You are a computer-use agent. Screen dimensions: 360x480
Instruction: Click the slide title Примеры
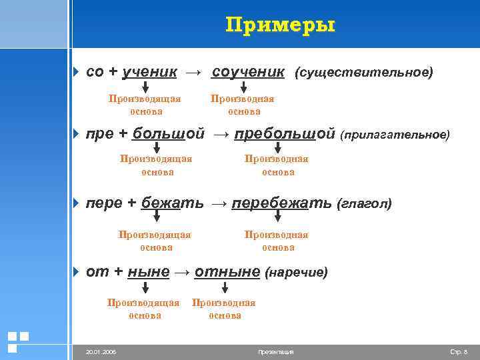click(x=280, y=25)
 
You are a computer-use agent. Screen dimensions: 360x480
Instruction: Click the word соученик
click(x=249, y=71)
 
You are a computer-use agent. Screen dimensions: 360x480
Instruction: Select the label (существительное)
click(x=363, y=71)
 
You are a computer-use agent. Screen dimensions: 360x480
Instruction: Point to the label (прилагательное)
click(x=395, y=135)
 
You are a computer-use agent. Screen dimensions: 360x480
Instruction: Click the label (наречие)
click(x=296, y=273)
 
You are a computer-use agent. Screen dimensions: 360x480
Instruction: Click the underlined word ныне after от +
click(x=147, y=272)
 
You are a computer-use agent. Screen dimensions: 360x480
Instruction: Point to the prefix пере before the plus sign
click(x=100, y=203)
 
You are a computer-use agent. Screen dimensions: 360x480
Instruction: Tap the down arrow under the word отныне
click(x=225, y=287)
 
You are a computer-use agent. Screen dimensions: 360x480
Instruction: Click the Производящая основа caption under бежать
click(x=155, y=241)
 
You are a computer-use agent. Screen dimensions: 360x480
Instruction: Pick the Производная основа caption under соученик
click(x=243, y=105)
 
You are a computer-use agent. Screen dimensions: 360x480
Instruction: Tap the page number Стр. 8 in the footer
click(x=459, y=351)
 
